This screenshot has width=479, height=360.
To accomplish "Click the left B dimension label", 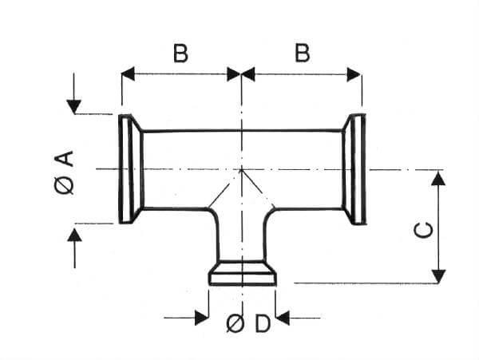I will tap(180, 53).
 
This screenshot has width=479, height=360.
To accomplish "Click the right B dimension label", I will tap(302, 53).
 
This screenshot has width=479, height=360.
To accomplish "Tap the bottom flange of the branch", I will tap(242, 275).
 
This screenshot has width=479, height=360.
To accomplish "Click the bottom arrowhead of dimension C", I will tap(437, 275).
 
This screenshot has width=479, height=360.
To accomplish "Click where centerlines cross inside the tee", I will tap(241, 169).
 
